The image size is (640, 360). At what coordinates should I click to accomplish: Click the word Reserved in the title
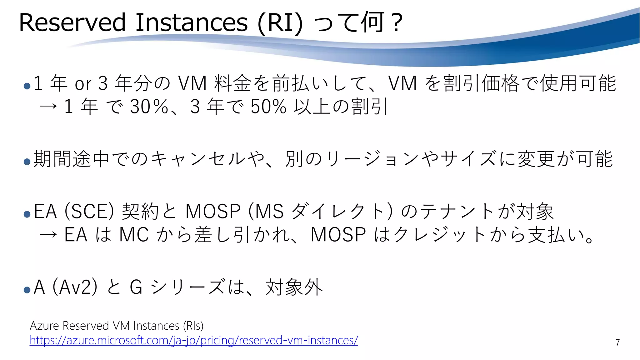click(72, 22)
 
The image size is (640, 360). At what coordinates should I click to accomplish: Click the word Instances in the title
click(191, 22)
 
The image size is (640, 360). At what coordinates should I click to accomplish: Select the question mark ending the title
click(397, 22)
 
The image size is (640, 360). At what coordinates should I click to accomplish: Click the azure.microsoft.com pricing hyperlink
click(194, 340)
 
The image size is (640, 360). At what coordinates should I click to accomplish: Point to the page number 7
click(617, 342)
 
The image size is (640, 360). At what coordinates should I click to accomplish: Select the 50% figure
click(268, 106)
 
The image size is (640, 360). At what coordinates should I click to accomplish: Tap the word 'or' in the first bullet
click(83, 84)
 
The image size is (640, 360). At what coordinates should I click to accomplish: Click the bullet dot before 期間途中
click(27, 162)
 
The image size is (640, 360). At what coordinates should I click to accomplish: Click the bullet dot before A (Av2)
click(27, 290)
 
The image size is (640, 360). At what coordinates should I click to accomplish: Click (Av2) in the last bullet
click(75, 287)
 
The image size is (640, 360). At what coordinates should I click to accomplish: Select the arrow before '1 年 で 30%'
click(48, 107)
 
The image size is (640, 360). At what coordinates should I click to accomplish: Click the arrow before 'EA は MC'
click(48, 235)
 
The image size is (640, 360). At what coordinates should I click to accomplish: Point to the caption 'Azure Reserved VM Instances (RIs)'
click(117, 326)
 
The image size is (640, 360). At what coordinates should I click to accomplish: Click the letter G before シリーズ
click(136, 287)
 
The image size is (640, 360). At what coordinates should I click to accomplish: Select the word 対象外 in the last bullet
click(294, 287)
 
